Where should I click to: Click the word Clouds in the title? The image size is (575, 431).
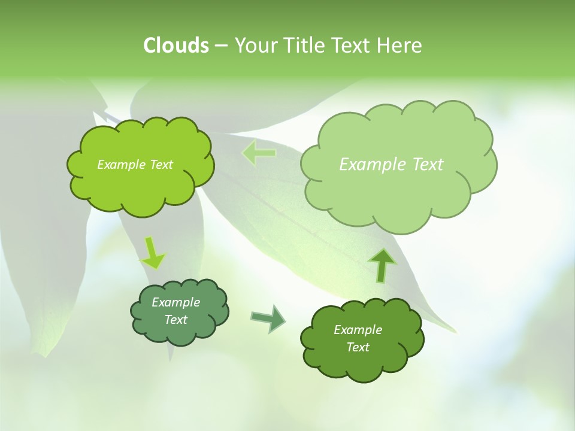tap(175, 45)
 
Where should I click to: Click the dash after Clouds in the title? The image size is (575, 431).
tap(221, 46)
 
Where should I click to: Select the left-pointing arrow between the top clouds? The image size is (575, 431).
tap(259, 153)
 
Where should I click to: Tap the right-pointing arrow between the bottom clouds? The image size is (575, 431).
tap(268, 318)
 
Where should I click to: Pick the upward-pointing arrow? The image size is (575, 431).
tap(382, 265)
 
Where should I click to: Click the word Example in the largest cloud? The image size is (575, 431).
tap(374, 165)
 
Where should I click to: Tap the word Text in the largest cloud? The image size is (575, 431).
tap(428, 165)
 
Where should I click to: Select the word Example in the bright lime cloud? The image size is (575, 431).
tap(121, 165)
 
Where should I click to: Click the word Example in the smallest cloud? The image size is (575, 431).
tap(175, 302)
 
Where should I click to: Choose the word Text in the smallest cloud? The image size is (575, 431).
tap(175, 320)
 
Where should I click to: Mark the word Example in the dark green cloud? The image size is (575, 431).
tap(358, 330)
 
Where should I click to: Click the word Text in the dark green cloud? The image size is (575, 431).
tap(358, 347)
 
